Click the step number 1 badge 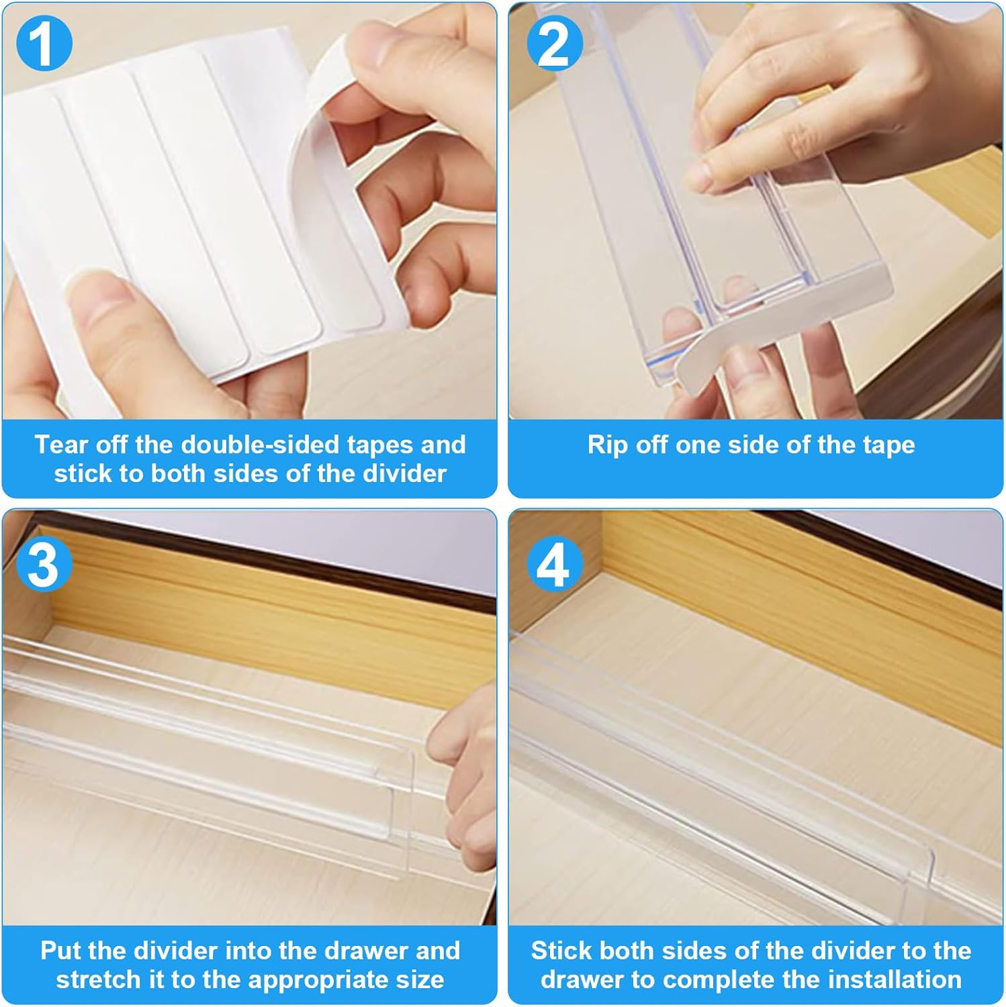coord(44,44)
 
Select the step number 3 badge coord(44,566)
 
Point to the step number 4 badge coord(554,565)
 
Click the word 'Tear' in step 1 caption coord(61,444)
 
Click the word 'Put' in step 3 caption coord(61,951)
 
